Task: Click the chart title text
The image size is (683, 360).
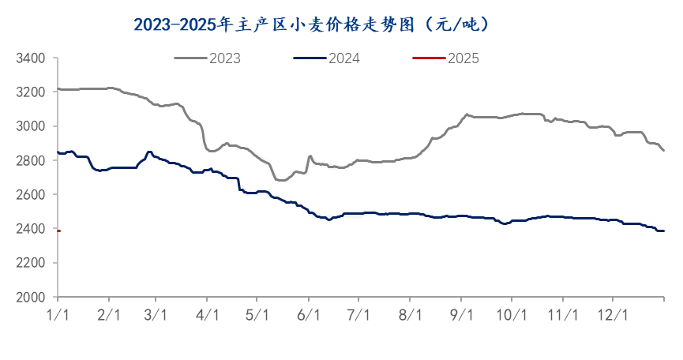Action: click(x=312, y=24)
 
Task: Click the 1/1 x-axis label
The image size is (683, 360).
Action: click(x=58, y=315)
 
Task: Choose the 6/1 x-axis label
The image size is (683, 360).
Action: click(x=308, y=315)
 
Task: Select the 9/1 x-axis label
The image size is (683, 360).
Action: click(x=461, y=315)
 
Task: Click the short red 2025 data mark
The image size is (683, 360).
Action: click(x=58, y=231)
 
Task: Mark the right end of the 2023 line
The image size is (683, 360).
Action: click(x=663, y=150)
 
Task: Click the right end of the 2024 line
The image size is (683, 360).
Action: click(x=663, y=231)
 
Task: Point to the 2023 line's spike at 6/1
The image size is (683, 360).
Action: click(x=310, y=156)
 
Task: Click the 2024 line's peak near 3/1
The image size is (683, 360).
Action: click(x=149, y=152)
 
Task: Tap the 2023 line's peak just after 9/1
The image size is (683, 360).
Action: click(x=467, y=114)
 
